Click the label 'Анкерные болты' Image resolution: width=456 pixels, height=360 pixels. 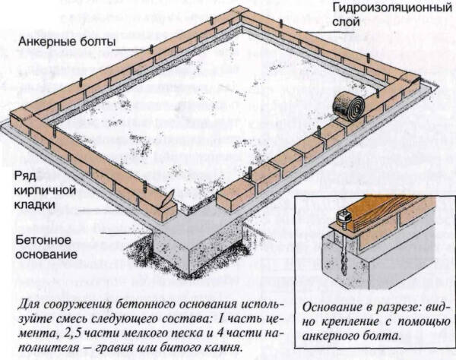[x=68, y=39]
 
